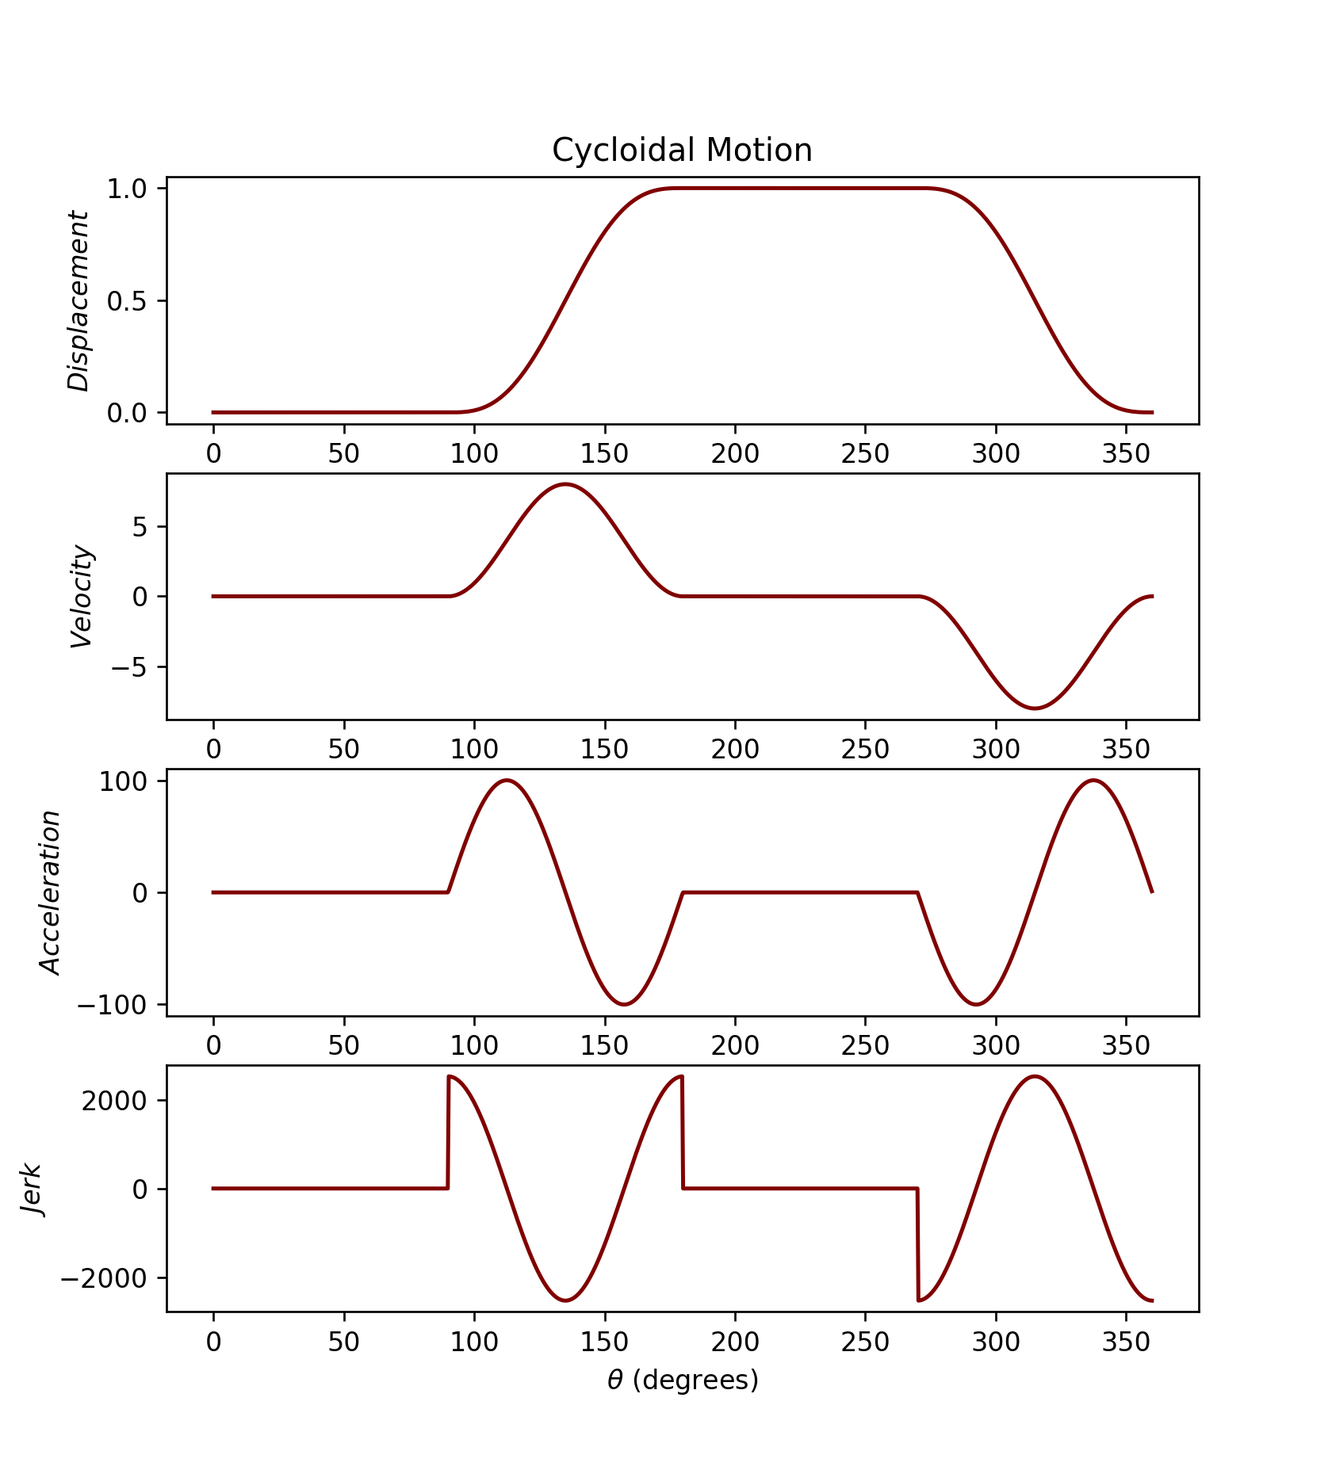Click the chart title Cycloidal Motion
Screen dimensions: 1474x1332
tap(682, 151)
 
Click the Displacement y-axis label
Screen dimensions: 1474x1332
tap(78, 301)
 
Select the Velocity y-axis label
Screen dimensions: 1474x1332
tap(82, 597)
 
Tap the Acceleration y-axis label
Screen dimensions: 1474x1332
tap(51, 892)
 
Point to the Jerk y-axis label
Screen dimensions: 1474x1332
tap(31, 1189)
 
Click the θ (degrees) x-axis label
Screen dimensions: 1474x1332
tap(683, 1380)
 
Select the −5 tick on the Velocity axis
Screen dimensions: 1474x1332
tap(129, 667)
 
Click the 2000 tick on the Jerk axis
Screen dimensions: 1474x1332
tap(113, 1101)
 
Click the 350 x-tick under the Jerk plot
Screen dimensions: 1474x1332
tap(1126, 1342)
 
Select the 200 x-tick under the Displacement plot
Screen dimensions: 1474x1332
tap(735, 454)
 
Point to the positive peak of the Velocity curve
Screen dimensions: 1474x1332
tap(565, 484)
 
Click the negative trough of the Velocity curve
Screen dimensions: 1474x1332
tap(1035, 708)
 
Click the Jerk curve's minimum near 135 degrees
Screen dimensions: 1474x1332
tap(565, 1300)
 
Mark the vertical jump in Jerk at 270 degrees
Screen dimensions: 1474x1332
tap(918, 1244)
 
